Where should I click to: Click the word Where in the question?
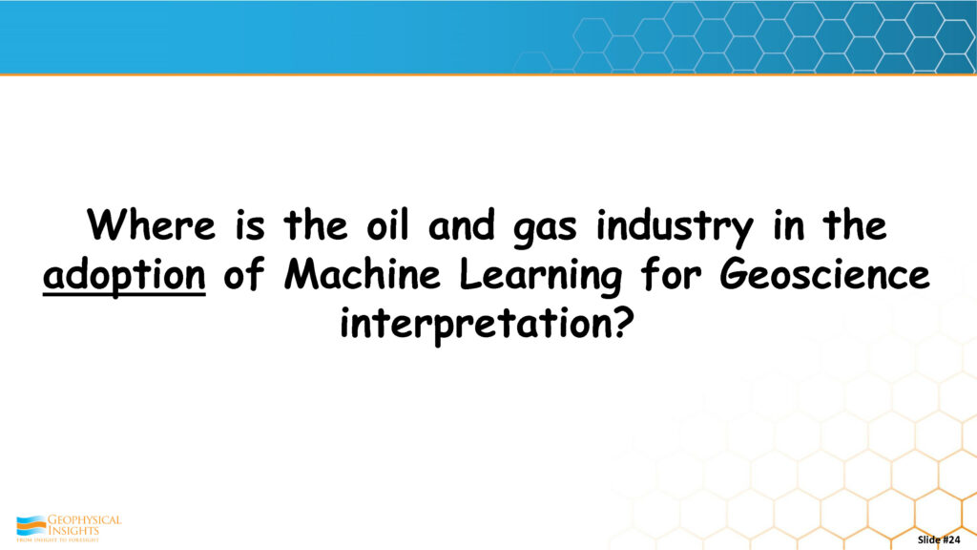pyautogui.click(x=152, y=224)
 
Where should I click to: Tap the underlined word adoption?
pyautogui.click(x=124, y=274)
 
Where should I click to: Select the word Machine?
pyautogui.click(x=362, y=274)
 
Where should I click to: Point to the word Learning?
pyautogui.click(x=541, y=276)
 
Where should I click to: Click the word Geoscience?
pyautogui.click(x=824, y=274)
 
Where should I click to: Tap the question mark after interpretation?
pyautogui.click(x=625, y=323)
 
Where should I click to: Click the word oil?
pyautogui.click(x=387, y=224)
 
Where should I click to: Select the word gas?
pyautogui.click(x=545, y=229)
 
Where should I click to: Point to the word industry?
pyautogui.click(x=675, y=227)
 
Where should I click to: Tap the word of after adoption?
pyautogui.click(x=244, y=274)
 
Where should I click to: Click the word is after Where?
pyautogui.click(x=250, y=224)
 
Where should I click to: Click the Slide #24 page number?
pyautogui.click(x=939, y=539)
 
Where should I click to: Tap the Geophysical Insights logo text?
pyautogui.click(x=84, y=524)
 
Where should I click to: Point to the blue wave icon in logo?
pyautogui.click(x=31, y=525)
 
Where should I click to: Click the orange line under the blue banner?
pyautogui.click(x=488, y=74)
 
